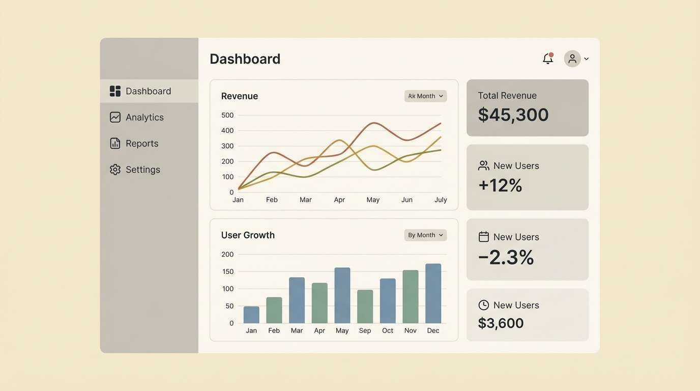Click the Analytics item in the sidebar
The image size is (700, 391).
144,117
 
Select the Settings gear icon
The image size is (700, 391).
115,170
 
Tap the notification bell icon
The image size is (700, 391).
547,59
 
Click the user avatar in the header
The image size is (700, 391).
572,59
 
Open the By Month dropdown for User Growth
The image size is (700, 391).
425,235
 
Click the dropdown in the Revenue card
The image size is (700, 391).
425,96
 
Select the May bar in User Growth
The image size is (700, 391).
342,295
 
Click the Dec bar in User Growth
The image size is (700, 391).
433,293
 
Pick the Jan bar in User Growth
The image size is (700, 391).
251,315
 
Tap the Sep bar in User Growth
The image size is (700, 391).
365,306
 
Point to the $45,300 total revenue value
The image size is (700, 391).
513,115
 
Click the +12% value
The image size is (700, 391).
500,185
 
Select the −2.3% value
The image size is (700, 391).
506,258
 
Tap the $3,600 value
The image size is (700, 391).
501,323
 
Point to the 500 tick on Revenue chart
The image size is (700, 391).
227,115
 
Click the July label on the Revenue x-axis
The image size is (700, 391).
441,200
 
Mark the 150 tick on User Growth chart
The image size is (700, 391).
227,271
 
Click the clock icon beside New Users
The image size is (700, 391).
484,305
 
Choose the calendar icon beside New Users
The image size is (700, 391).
484,237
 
